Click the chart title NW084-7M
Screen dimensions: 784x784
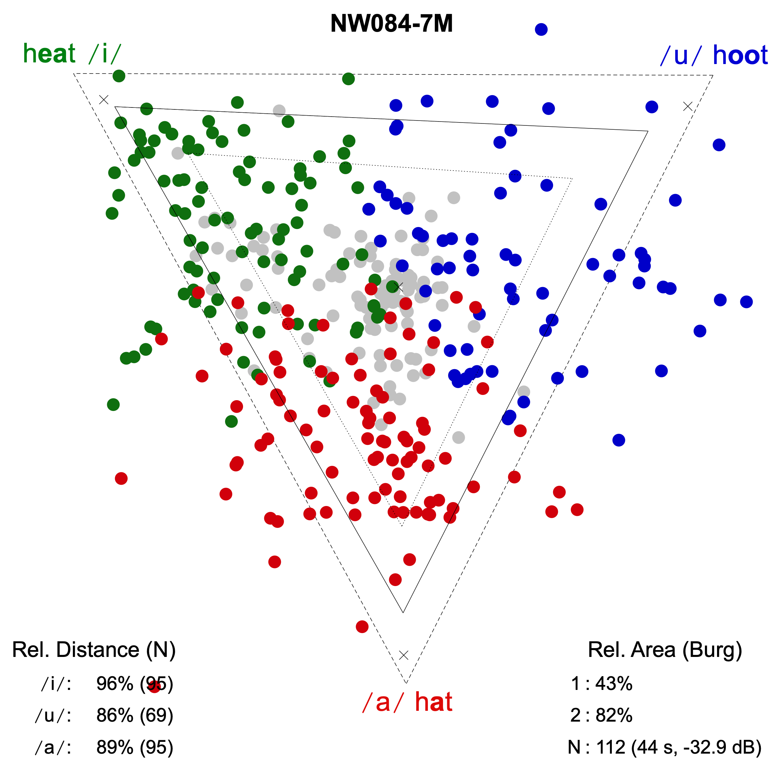click(x=391, y=24)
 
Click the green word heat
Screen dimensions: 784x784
click(x=50, y=54)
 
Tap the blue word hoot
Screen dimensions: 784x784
click(x=740, y=55)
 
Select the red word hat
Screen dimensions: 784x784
click(x=433, y=702)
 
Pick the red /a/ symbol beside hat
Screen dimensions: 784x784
click(x=383, y=702)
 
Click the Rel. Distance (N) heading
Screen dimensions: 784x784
click(x=94, y=650)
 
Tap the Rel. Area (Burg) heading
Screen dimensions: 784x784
click(x=665, y=650)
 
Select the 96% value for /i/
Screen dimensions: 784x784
click(x=115, y=684)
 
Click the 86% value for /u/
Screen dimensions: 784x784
click(x=115, y=715)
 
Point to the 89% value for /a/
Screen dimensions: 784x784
click(x=115, y=747)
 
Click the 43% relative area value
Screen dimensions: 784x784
click(x=613, y=684)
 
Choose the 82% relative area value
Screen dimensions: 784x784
click(x=613, y=715)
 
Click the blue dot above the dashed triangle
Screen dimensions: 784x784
click(x=541, y=29)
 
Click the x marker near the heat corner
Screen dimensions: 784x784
click(x=104, y=99)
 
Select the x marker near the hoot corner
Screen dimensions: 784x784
click(x=687, y=106)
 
